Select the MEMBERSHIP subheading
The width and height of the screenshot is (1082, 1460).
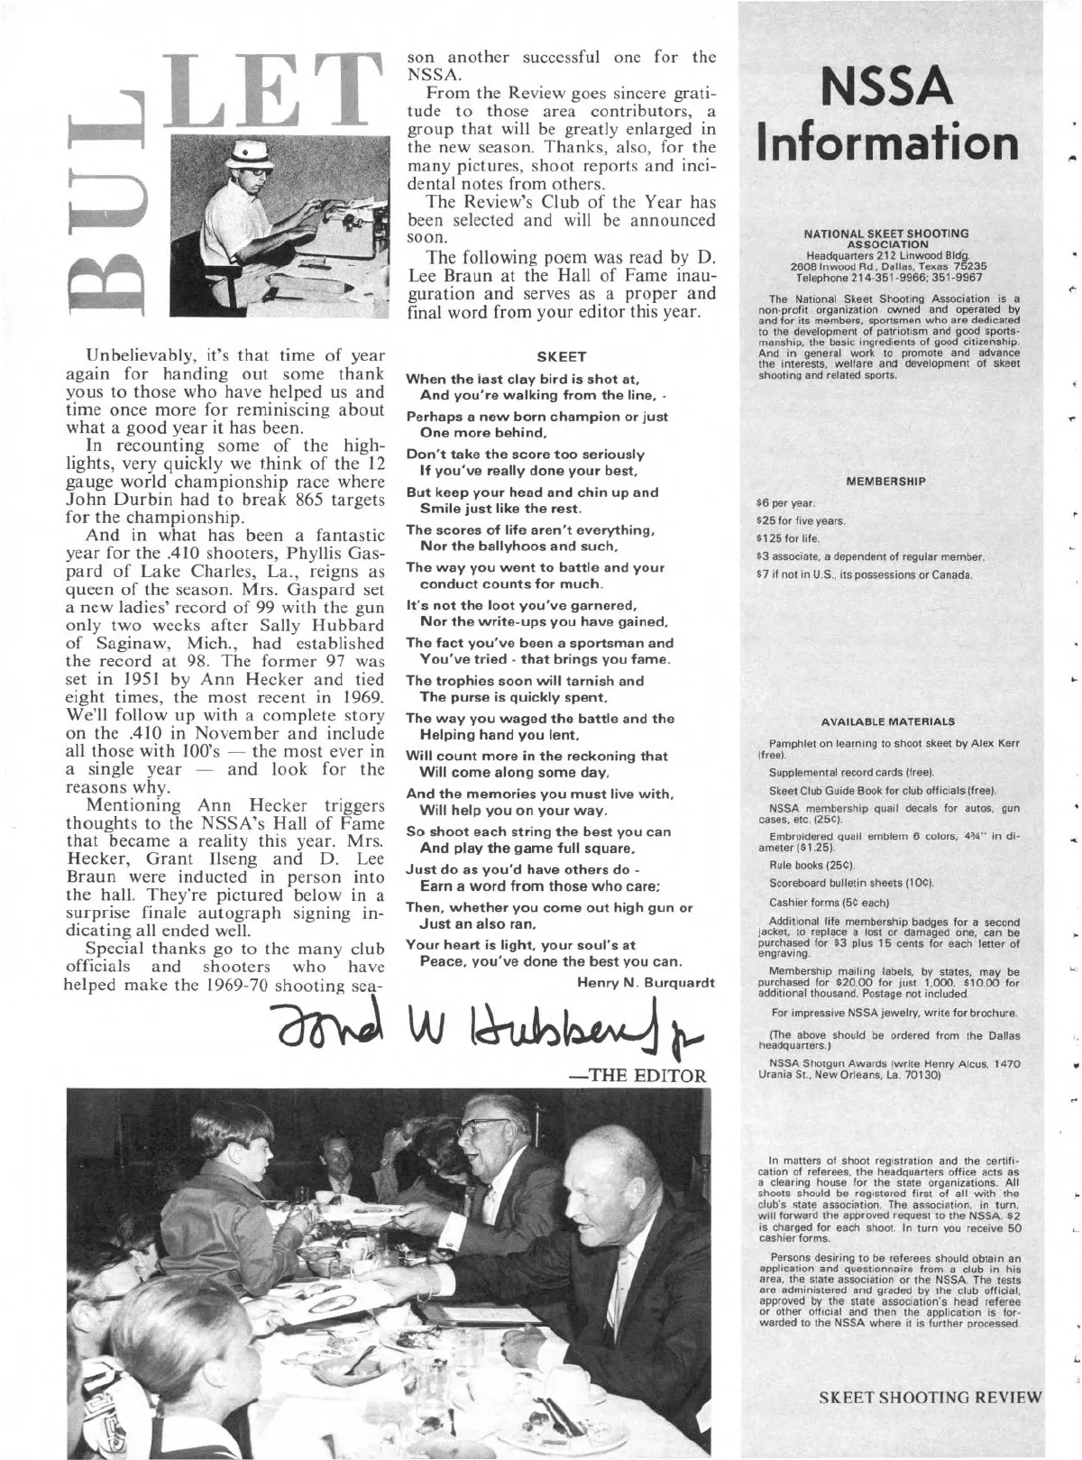(886, 482)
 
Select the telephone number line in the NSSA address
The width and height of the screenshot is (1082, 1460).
(886, 276)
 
